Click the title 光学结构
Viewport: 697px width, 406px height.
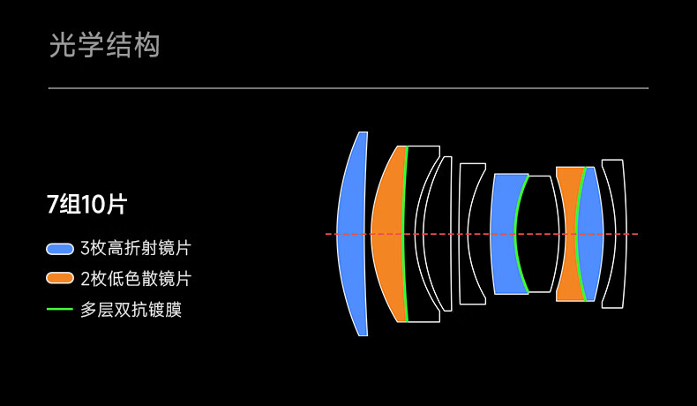coord(105,45)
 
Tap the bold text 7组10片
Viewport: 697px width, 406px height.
coord(86,205)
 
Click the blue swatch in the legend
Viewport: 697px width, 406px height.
coord(60,249)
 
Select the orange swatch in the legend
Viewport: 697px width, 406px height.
coord(60,279)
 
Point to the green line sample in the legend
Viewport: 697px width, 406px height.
coord(60,310)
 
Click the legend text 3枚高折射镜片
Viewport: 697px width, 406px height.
coord(135,249)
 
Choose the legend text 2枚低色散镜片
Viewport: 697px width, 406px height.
coord(135,279)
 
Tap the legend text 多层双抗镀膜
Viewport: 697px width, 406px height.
coord(131,310)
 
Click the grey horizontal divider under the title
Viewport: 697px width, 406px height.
coord(348,88)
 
